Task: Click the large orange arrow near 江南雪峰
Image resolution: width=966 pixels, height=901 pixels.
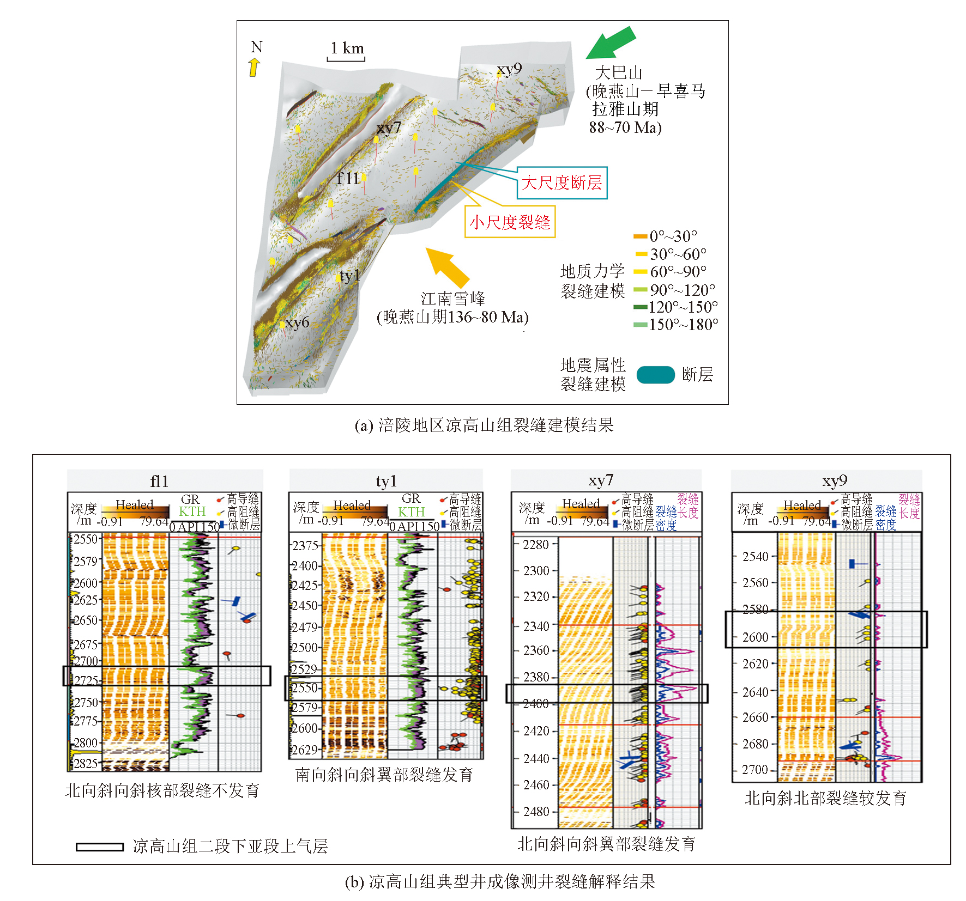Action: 447,267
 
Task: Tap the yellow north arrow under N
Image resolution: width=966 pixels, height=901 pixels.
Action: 254,67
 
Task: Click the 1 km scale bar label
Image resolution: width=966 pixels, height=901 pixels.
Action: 347,48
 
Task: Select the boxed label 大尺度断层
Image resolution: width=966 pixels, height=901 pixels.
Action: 562,182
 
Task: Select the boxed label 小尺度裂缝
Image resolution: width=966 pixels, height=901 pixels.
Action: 510,222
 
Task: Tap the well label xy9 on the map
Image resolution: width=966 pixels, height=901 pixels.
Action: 509,69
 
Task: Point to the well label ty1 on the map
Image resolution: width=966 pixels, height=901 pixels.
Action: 349,276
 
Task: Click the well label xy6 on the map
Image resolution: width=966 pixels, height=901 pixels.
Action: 297,322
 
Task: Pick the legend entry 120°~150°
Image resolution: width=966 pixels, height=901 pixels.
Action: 683,307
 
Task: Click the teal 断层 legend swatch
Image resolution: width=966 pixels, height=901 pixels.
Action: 655,375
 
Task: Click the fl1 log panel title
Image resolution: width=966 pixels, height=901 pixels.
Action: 159,481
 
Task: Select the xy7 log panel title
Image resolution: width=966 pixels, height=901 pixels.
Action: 601,480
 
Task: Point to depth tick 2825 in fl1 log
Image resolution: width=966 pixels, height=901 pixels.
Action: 86,763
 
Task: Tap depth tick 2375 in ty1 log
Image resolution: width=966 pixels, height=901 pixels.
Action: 305,545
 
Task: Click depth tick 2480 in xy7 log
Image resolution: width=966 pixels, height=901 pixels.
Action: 536,812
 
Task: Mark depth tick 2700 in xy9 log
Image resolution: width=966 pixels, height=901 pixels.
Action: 755,770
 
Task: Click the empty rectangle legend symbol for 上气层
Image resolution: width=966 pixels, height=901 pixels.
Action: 100,847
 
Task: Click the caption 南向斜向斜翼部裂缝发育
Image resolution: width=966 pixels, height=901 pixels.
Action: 384,775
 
